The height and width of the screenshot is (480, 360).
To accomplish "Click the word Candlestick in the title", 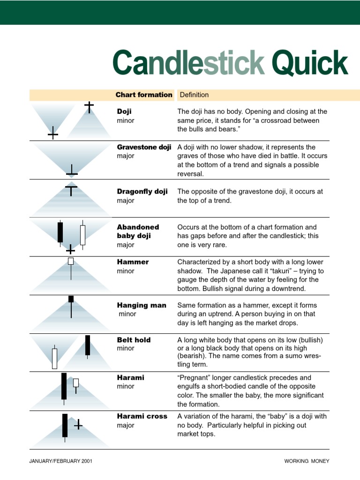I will (x=188, y=63).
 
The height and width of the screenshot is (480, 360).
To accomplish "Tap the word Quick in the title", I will (x=310, y=63).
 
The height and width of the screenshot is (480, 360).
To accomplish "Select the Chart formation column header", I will (x=144, y=95).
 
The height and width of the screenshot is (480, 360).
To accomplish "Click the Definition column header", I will (x=194, y=95).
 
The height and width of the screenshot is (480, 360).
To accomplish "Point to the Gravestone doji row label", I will (x=144, y=147).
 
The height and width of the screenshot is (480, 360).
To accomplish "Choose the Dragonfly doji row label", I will (x=142, y=192).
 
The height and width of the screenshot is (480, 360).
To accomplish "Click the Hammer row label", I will (x=133, y=262).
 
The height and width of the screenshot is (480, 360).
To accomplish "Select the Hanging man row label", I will (x=142, y=305).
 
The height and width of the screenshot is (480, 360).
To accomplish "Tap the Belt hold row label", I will (x=134, y=340).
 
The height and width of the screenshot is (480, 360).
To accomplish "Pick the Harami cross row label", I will (x=142, y=416).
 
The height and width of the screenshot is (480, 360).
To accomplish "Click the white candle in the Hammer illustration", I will (x=71, y=261).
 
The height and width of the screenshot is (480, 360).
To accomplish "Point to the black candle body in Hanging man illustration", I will (x=71, y=299).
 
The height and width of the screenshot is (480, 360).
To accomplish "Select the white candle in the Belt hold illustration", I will (x=54, y=358).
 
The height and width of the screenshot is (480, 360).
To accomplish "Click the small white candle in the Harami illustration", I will (x=76, y=383).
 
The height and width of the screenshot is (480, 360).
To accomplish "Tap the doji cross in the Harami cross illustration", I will (x=78, y=425).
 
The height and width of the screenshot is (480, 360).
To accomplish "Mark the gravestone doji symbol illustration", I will (x=72, y=171).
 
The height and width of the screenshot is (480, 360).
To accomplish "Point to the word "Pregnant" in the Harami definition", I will (x=194, y=378).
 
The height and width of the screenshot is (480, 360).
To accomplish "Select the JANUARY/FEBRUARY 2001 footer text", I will (x=61, y=461).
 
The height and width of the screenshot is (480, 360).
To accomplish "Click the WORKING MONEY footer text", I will (x=307, y=461).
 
